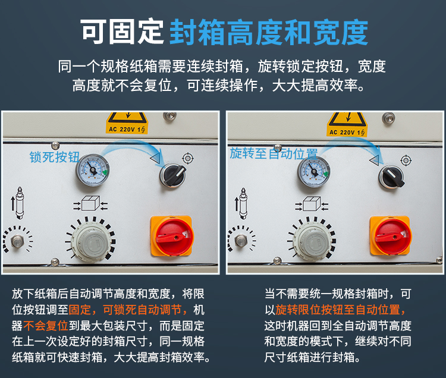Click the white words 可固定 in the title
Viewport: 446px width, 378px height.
tap(122, 31)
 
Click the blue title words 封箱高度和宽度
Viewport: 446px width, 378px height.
tap(269, 31)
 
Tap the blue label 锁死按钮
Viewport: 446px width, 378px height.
tap(54, 157)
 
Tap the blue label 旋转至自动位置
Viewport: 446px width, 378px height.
tap(274, 153)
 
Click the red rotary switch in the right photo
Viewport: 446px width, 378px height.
tap(390, 236)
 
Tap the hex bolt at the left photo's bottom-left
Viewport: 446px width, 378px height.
tap(18, 241)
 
